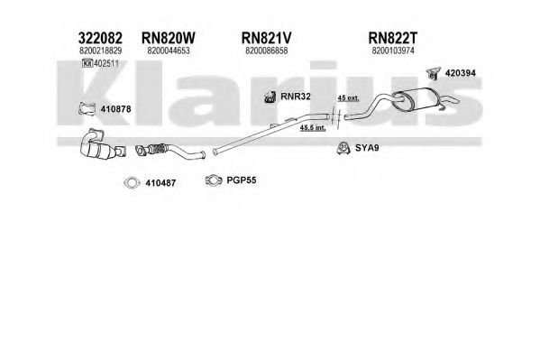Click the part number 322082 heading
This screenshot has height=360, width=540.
(100, 38)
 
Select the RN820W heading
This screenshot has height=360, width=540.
(168, 38)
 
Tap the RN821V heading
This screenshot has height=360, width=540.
(267, 38)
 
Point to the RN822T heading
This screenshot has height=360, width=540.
(392, 38)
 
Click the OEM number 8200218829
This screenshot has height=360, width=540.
(100, 51)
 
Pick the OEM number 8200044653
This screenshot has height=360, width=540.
(169, 51)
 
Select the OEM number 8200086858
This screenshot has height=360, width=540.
(267, 51)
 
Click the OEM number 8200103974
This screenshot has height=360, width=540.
(393, 51)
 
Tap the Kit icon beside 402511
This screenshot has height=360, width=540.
(87, 63)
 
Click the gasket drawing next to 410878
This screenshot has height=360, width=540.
(87, 108)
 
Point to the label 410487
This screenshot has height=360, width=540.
(160, 183)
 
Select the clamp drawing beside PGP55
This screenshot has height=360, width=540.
(214, 180)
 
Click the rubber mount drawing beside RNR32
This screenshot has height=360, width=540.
(270, 97)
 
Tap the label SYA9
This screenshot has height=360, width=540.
(367, 148)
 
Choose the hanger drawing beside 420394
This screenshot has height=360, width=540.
(433, 73)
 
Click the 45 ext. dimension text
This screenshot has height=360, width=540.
(348, 98)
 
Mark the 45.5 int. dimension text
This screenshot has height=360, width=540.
(313, 128)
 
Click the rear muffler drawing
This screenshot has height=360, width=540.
(415, 100)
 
